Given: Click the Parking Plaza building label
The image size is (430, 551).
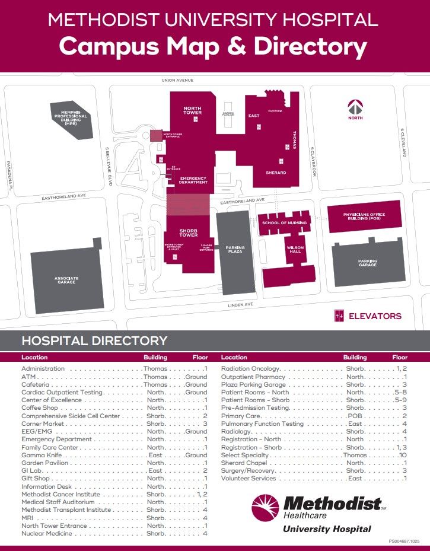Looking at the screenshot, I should (x=235, y=249).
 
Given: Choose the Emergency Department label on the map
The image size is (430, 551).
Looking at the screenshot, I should (x=193, y=180).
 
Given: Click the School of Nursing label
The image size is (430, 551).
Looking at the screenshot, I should (x=285, y=222).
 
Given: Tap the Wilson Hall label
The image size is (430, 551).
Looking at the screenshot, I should (x=295, y=249).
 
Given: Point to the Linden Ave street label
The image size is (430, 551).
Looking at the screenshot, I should (x=241, y=304).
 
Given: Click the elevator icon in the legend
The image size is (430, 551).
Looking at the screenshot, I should (x=339, y=316).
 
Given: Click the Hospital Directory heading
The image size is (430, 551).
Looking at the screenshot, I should (x=94, y=341).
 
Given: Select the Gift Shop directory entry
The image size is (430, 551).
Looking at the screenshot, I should (x=36, y=478).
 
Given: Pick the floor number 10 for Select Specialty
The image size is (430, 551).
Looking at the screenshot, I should (x=403, y=455).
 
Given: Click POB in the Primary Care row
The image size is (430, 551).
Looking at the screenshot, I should (x=355, y=416).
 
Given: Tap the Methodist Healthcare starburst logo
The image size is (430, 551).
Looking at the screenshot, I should (x=265, y=510).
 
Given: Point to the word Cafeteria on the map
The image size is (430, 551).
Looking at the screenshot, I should (x=275, y=111).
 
